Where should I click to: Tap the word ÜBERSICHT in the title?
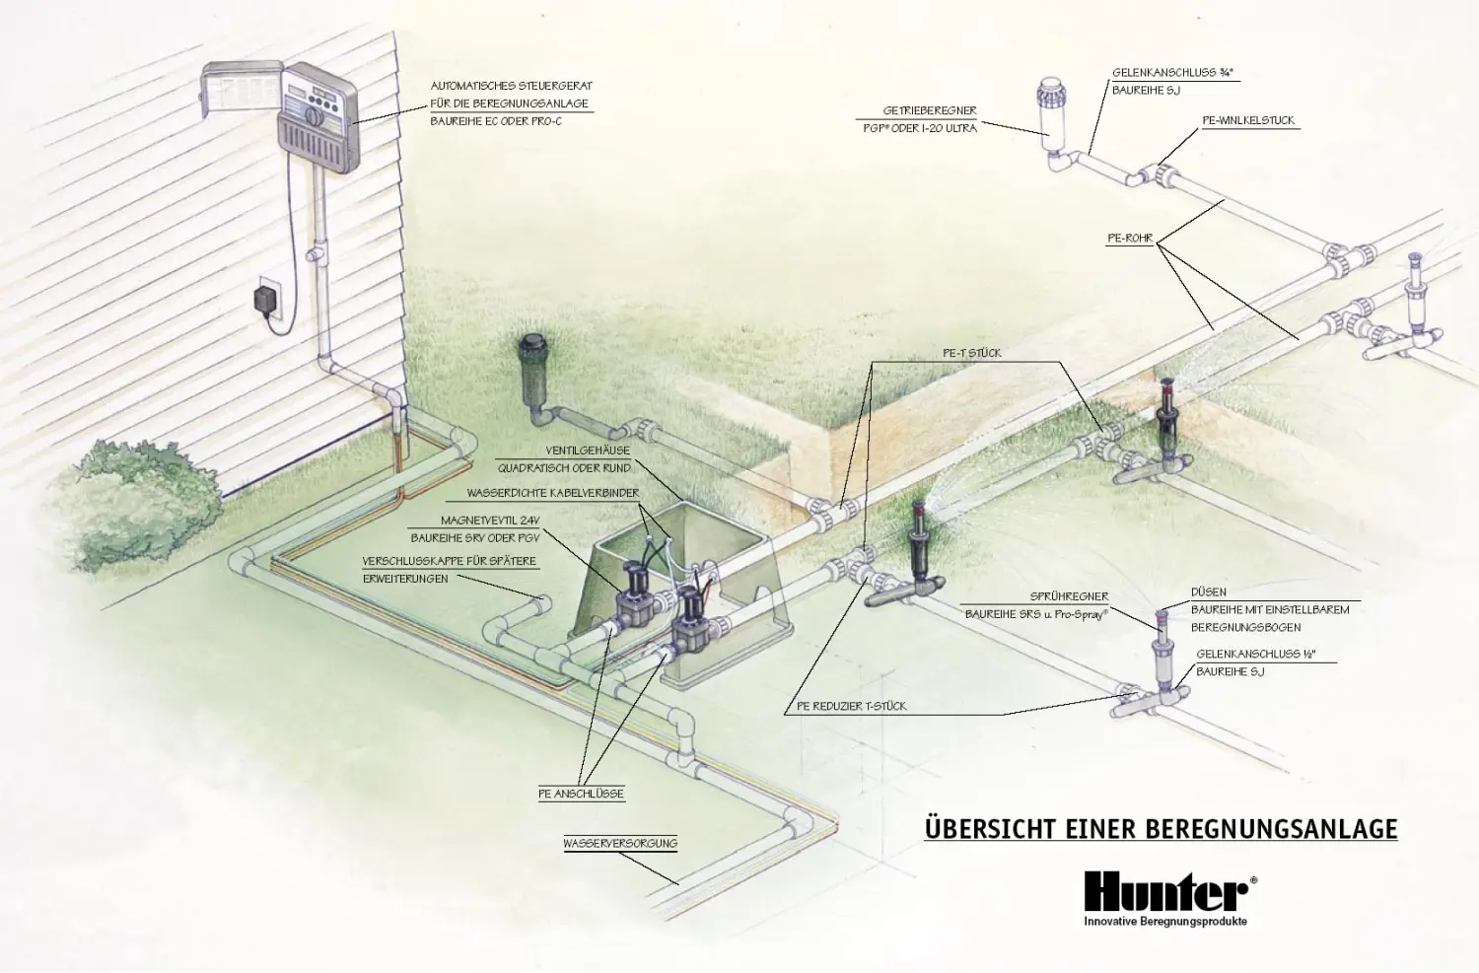990,828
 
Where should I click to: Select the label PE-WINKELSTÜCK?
1247,121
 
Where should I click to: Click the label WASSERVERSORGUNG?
620,844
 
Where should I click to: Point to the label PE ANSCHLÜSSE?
581,794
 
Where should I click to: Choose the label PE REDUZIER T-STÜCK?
851,706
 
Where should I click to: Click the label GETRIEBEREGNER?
929,111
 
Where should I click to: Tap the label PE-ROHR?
1129,239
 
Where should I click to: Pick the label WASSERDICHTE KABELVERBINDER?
552,493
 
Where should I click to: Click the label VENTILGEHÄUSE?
588,451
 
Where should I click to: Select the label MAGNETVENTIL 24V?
490,521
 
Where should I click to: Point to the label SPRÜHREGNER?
1069,596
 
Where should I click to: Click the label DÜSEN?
1208,592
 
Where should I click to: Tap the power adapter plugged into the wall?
265,298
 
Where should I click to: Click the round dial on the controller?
314,115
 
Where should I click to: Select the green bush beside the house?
148,504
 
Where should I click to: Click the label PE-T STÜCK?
971,353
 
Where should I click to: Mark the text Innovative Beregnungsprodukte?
1165,922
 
